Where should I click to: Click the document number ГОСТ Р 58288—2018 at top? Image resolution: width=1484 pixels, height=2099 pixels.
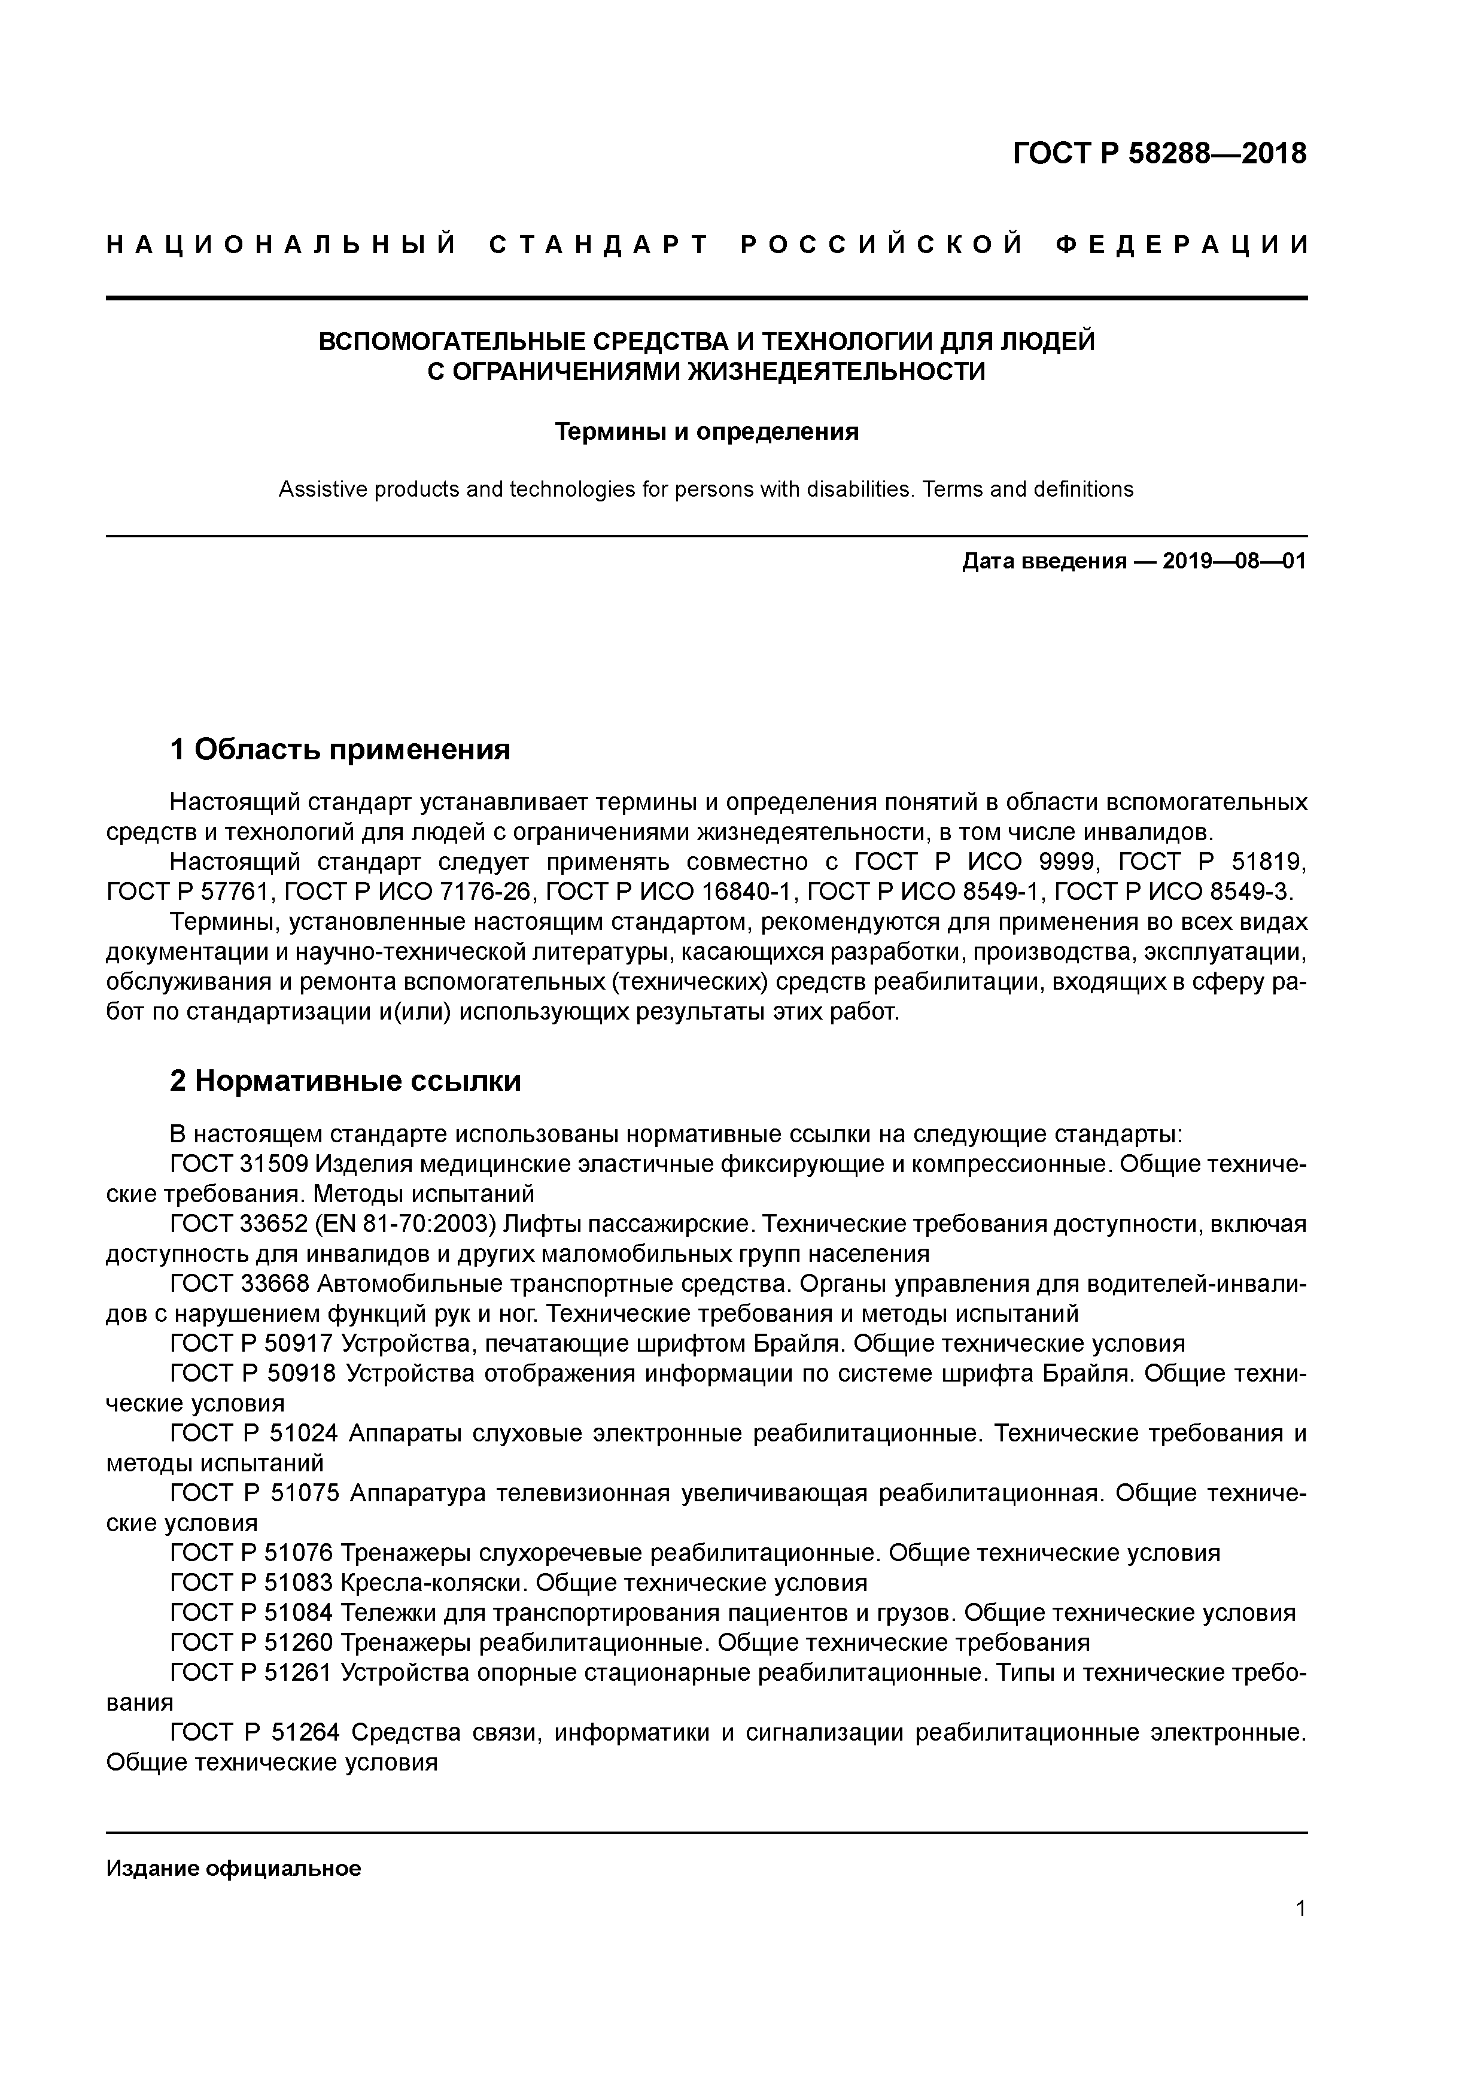1160,154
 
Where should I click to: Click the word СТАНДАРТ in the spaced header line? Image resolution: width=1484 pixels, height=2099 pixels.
599,245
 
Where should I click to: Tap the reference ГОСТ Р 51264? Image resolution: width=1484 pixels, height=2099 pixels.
255,1732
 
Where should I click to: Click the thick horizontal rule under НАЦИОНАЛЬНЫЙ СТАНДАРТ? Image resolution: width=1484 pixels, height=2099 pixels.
707,298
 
